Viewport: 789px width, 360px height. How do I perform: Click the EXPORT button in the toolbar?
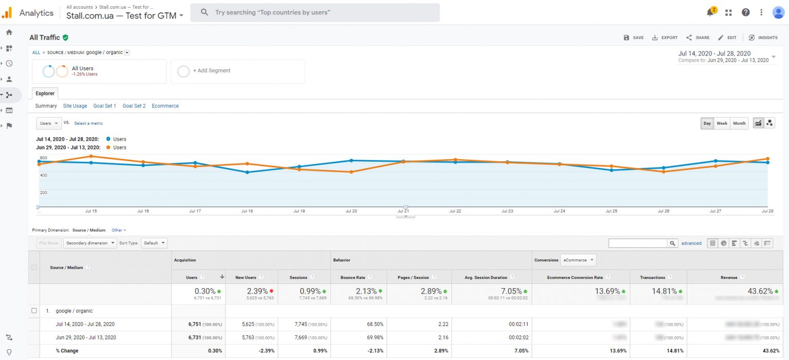click(x=665, y=37)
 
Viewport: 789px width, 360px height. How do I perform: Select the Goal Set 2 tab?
click(x=134, y=106)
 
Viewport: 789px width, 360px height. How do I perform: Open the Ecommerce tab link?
click(x=165, y=106)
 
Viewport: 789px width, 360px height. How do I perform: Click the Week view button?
click(x=722, y=123)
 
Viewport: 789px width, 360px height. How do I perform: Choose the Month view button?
click(x=739, y=123)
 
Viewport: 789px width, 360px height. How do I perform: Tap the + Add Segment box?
click(x=238, y=71)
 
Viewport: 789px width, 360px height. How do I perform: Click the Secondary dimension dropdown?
click(x=90, y=243)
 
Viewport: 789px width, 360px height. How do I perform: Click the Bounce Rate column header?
click(x=352, y=277)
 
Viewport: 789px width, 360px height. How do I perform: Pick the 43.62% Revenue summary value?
click(x=759, y=291)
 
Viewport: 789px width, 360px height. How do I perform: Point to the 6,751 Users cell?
click(x=198, y=324)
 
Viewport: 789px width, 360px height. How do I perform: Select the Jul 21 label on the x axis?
click(x=403, y=211)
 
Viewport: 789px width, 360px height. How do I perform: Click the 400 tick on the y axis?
click(x=43, y=175)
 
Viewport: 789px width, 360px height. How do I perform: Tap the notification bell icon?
click(x=710, y=12)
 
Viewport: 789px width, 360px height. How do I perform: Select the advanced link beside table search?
click(x=691, y=243)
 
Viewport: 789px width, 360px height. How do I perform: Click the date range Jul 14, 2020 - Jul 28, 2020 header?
click(x=714, y=53)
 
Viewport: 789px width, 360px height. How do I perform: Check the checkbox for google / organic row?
click(x=34, y=311)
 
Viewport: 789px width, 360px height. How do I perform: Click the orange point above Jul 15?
click(x=91, y=156)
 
